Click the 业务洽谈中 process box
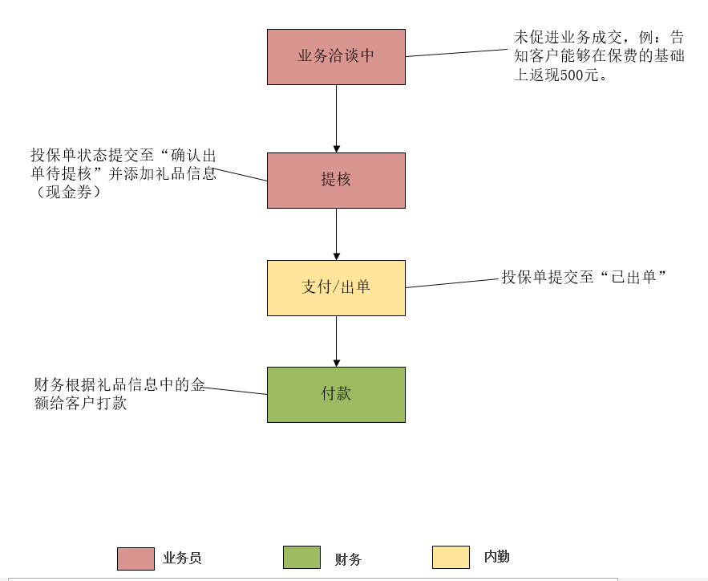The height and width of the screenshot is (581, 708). (336, 56)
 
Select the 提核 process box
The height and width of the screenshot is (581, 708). (336, 180)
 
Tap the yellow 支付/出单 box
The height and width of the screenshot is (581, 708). (336, 287)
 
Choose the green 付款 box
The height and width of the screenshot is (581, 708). (336, 394)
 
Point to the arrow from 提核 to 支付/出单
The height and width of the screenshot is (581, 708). (336, 234)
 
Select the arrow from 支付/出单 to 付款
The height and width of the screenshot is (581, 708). (336, 340)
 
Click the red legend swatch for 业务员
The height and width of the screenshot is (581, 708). (136, 559)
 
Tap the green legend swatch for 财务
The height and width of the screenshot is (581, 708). (301, 557)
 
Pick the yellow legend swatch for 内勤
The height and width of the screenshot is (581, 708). (451, 557)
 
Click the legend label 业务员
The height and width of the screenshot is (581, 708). (182, 559)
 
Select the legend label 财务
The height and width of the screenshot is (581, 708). (348, 559)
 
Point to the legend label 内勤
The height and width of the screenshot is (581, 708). (496, 557)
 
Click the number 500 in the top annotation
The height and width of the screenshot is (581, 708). (570, 76)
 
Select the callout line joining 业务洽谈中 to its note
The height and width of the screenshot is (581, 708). (456, 53)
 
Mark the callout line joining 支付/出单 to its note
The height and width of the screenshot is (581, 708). (452, 283)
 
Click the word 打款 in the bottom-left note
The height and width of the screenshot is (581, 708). (111, 403)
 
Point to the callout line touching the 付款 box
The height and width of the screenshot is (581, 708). (236, 391)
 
